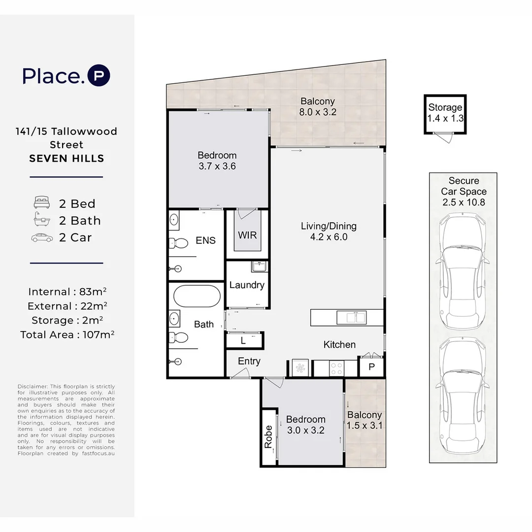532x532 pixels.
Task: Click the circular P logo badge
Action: (99, 76)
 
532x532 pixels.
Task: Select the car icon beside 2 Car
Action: (42, 237)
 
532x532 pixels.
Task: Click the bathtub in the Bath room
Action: (197, 296)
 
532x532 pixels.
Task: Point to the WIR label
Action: (247, 235)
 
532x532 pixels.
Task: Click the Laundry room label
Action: (247, 285)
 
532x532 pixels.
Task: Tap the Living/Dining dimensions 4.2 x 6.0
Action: (329, 237)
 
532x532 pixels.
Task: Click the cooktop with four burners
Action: (336, 367)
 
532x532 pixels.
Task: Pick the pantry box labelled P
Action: (371, 367)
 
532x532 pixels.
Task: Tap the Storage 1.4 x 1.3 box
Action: (445, 113)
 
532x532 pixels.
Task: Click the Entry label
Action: (249, 361)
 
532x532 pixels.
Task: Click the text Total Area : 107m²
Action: (67, 335)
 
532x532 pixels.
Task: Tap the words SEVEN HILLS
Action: (66, 159)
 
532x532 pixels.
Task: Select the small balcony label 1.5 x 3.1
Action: (365, 421)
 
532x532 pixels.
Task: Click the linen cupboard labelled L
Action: (244, 340)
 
